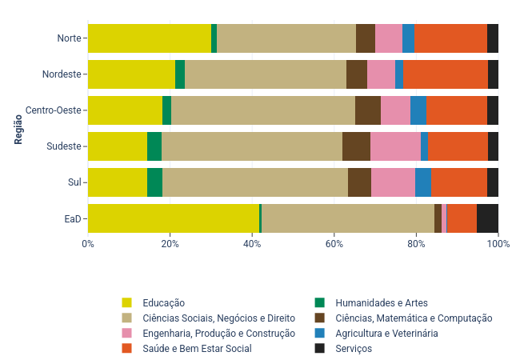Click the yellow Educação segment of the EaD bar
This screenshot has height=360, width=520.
coord(173,218)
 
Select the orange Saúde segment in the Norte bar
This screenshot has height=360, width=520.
coord(450,38)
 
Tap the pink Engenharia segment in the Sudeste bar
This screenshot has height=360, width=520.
coord(395,146)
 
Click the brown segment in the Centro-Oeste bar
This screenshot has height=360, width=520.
coord(368,110)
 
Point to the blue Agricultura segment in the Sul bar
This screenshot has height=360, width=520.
coord(423,182)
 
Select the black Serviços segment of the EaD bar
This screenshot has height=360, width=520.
coord(487,218)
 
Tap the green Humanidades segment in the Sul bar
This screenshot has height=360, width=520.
coord(154,182)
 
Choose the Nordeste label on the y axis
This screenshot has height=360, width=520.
coord(62,74)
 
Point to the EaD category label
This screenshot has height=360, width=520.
coord(73,218)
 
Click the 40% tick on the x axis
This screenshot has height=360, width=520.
coord(252,243)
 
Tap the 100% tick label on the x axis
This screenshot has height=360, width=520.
coord(498,243)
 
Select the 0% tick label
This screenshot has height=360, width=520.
coord(88,243)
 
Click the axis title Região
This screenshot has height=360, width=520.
coord(18,128)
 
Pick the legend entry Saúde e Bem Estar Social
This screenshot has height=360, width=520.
coord(197,348)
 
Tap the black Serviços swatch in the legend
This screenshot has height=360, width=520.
coord(320,348)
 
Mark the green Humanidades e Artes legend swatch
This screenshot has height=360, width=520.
coord(320,302)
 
